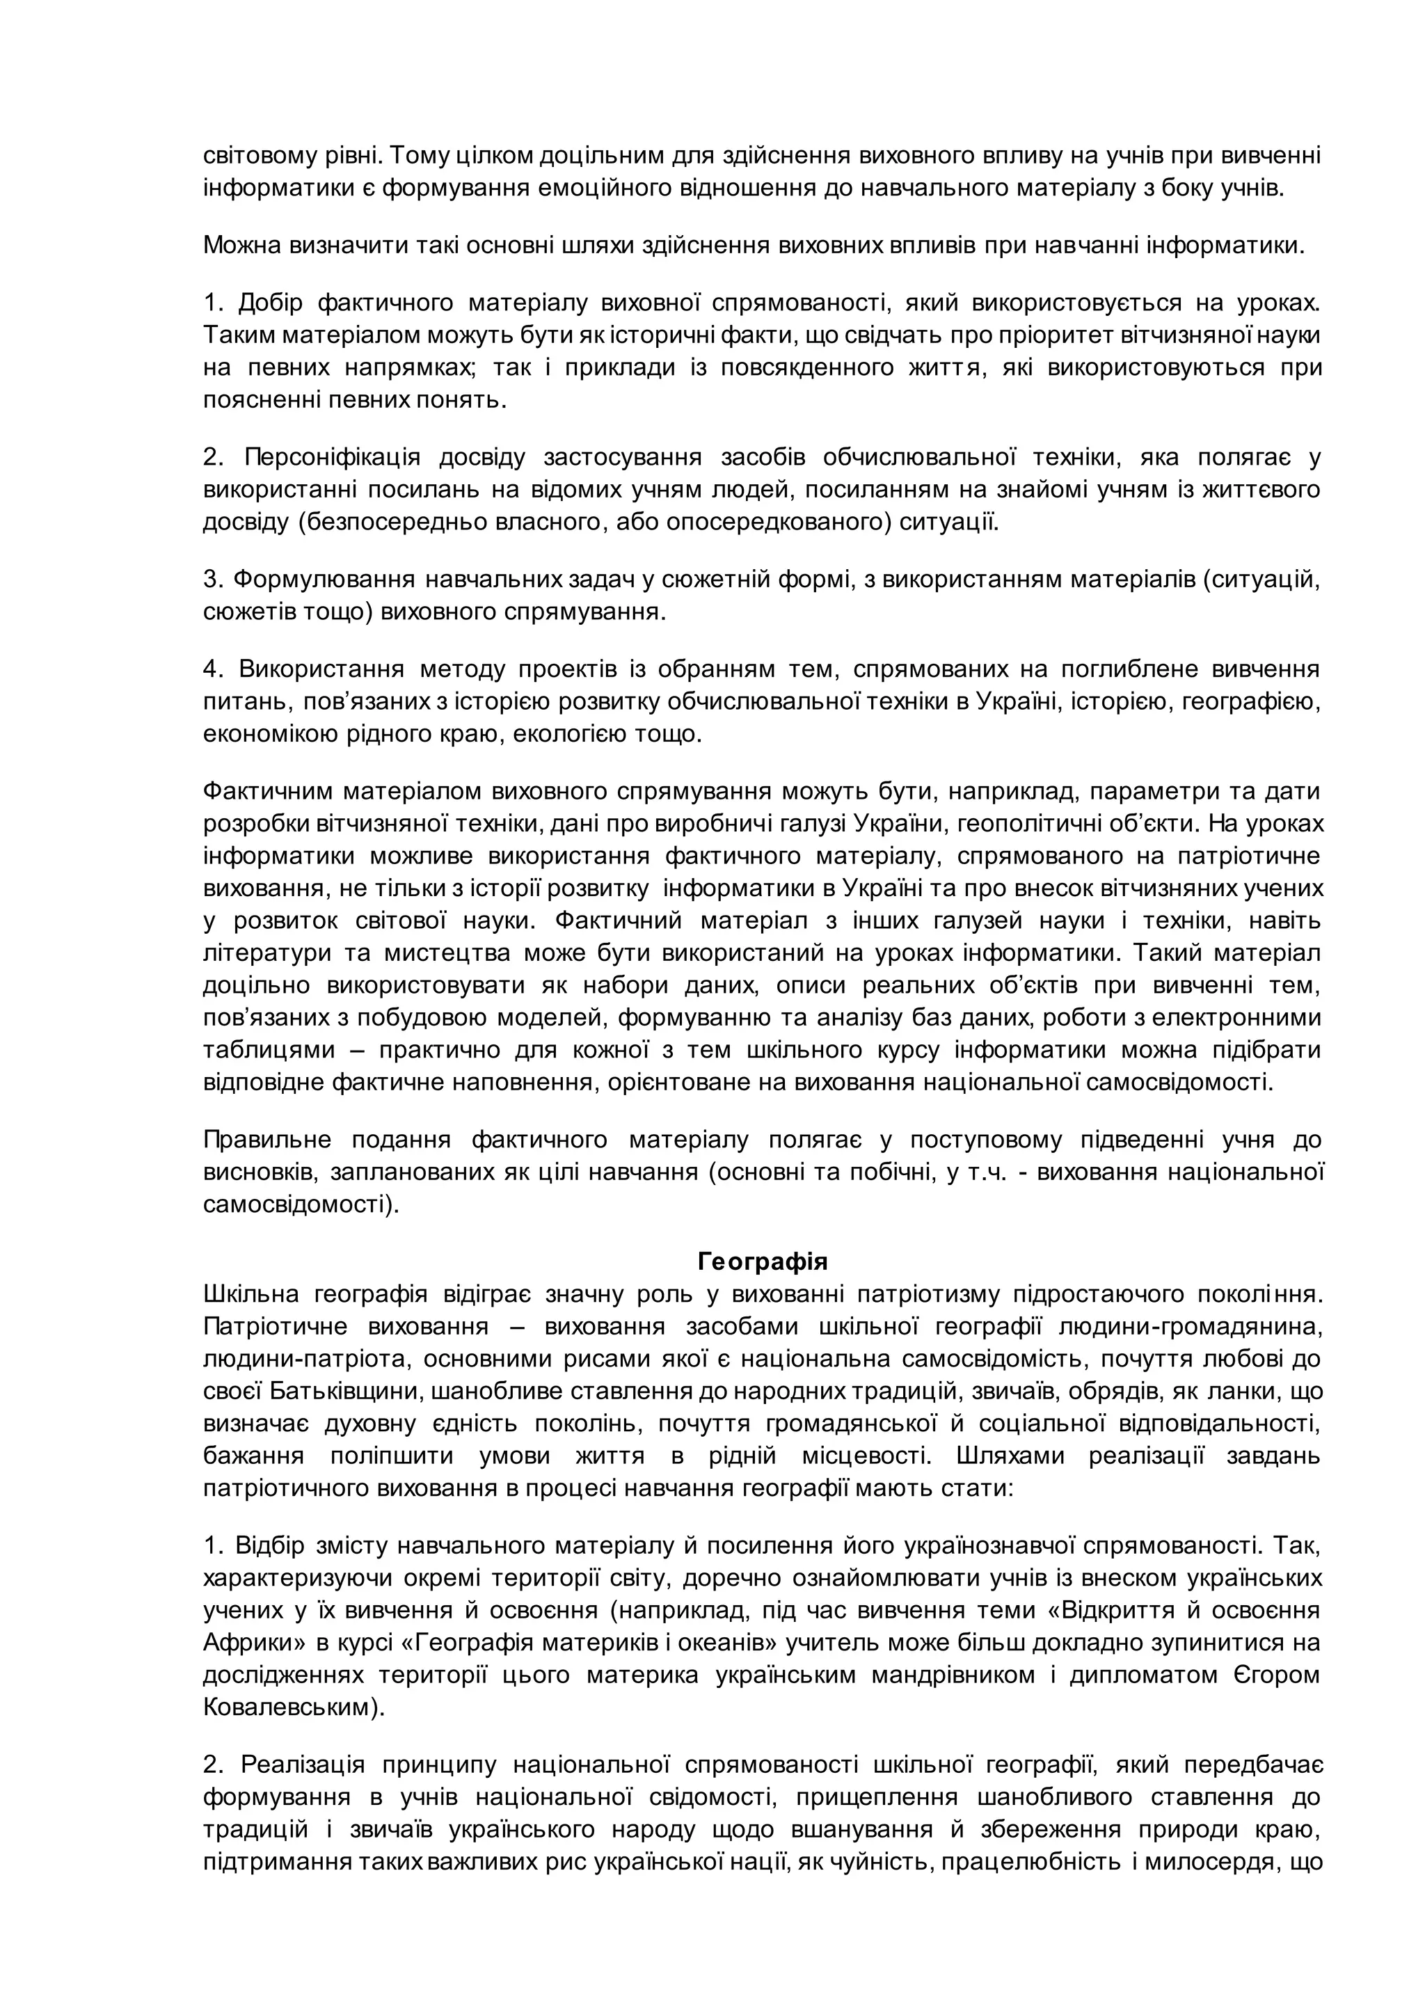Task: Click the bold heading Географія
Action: coord(763,1262)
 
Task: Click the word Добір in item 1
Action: coord(270,303)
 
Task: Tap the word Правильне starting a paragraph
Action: coord(268,1140)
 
